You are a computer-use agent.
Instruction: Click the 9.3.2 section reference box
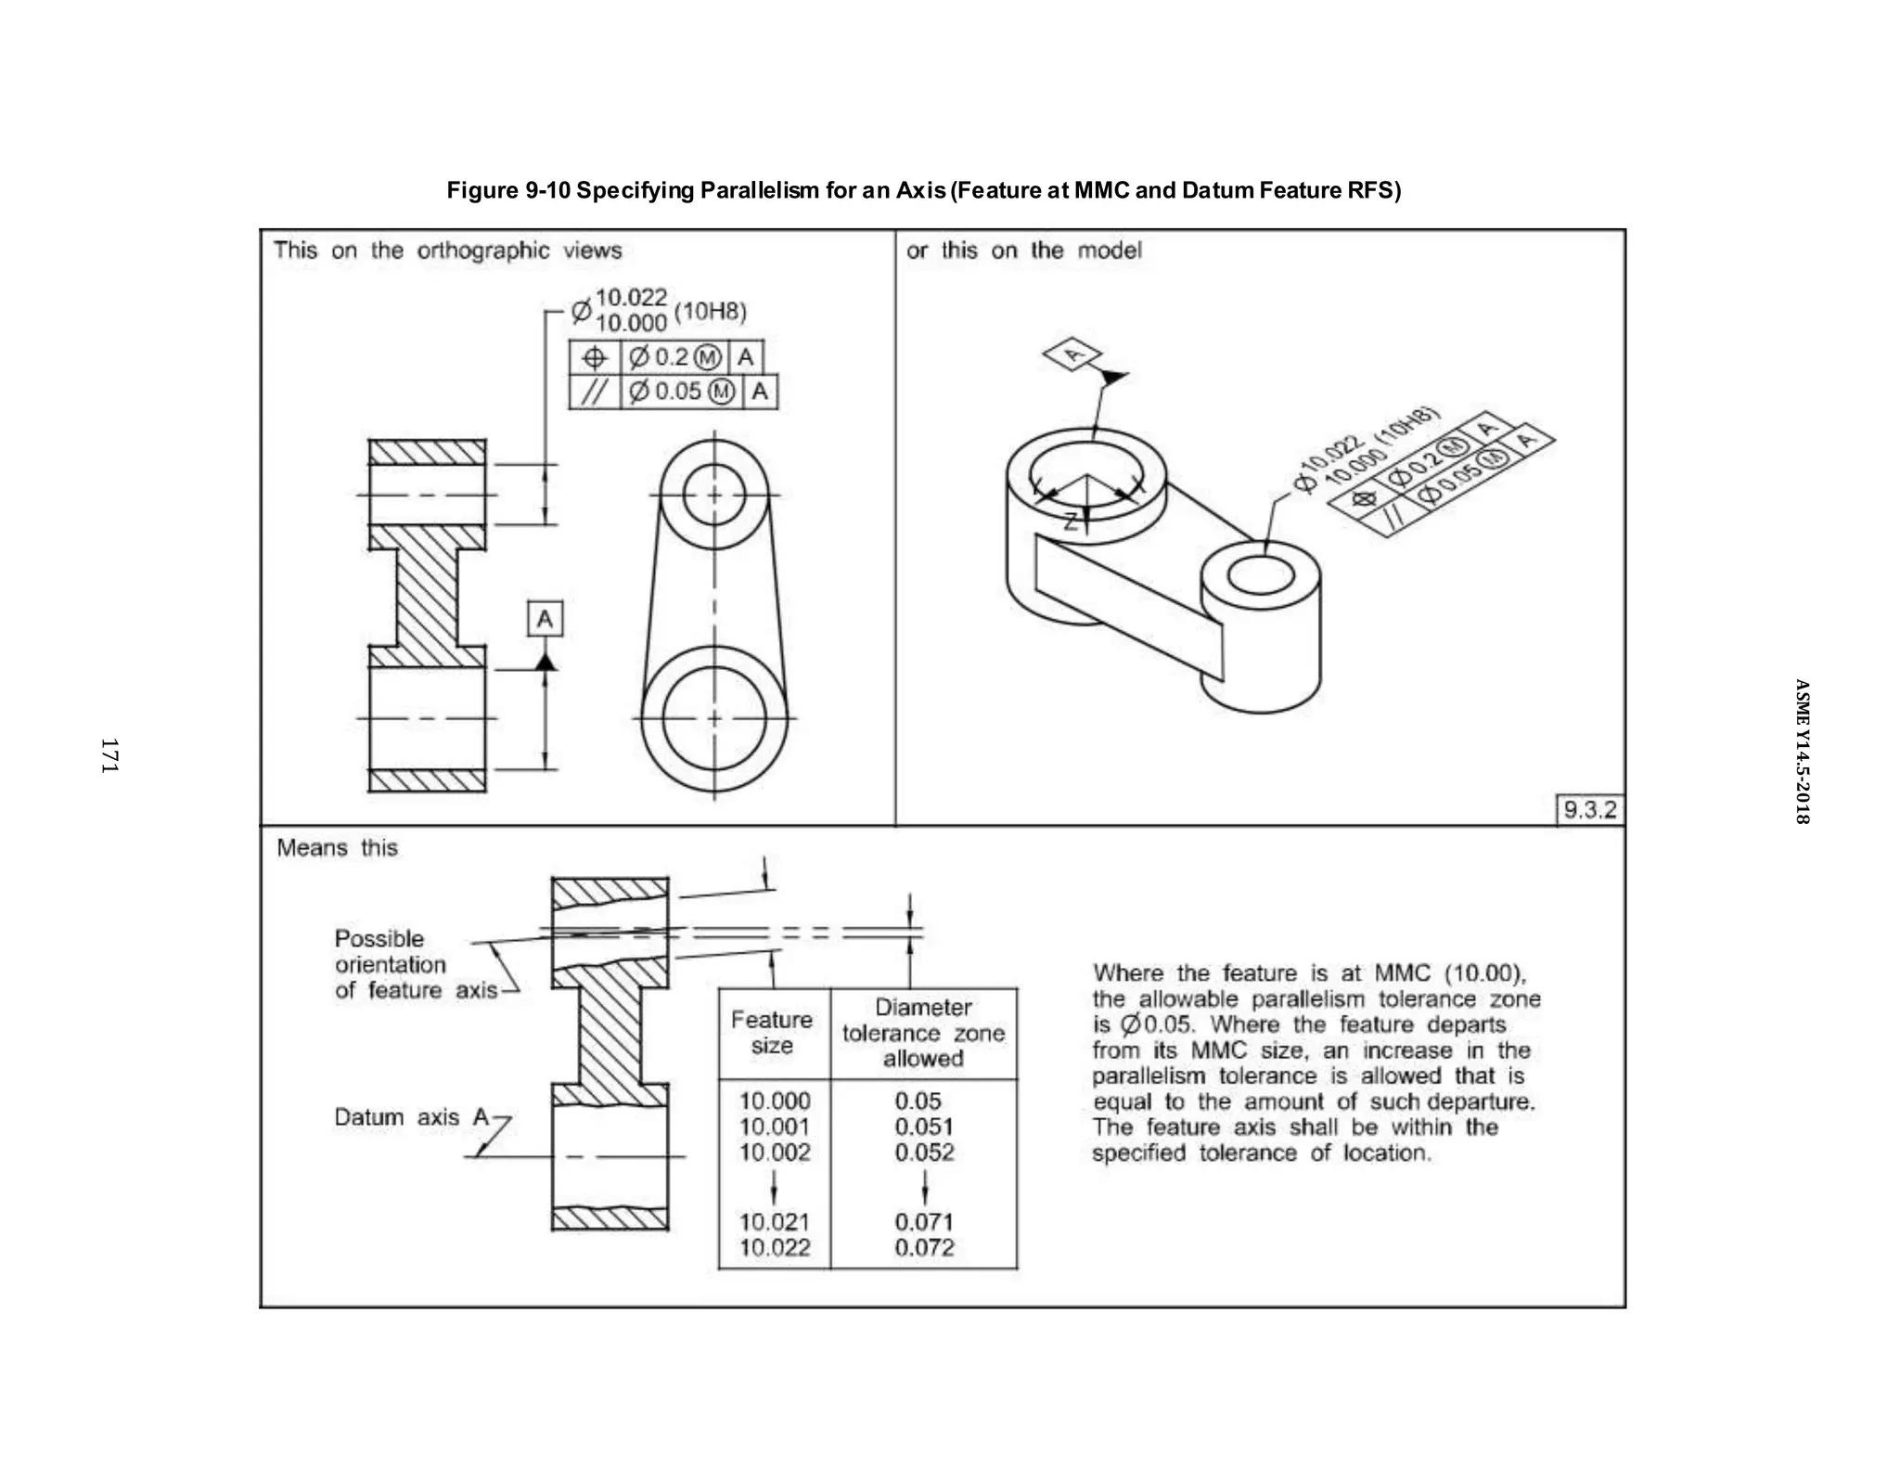pos(1589,809)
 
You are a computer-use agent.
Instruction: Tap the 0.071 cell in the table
pos(923,1222)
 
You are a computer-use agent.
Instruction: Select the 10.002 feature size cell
pos(774,1153)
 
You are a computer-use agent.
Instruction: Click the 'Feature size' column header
pos(772,1033)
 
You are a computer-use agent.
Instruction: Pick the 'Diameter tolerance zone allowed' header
pos(923,1033)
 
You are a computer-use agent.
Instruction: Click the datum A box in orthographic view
pos(545,619)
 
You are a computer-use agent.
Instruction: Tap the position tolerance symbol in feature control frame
pos(594,357)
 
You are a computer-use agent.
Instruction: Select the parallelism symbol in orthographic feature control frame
pos(594,392)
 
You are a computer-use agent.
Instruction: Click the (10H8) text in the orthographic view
pos(710,311)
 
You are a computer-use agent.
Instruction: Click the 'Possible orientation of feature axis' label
pos(391,964)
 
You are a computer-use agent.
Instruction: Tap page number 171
pos(109,755)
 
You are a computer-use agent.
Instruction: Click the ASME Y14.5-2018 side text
pos(1801,752)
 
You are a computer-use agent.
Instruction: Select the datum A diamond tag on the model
pos(1072,354)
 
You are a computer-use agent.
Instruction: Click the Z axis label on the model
pos(1070,522)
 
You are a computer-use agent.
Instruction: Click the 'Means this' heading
pos(337,848)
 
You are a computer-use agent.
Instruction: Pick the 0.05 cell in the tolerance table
pos(918,1101)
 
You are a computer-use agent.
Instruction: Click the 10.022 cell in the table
pos(774,1248)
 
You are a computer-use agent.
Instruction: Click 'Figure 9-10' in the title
pos(507,190)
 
